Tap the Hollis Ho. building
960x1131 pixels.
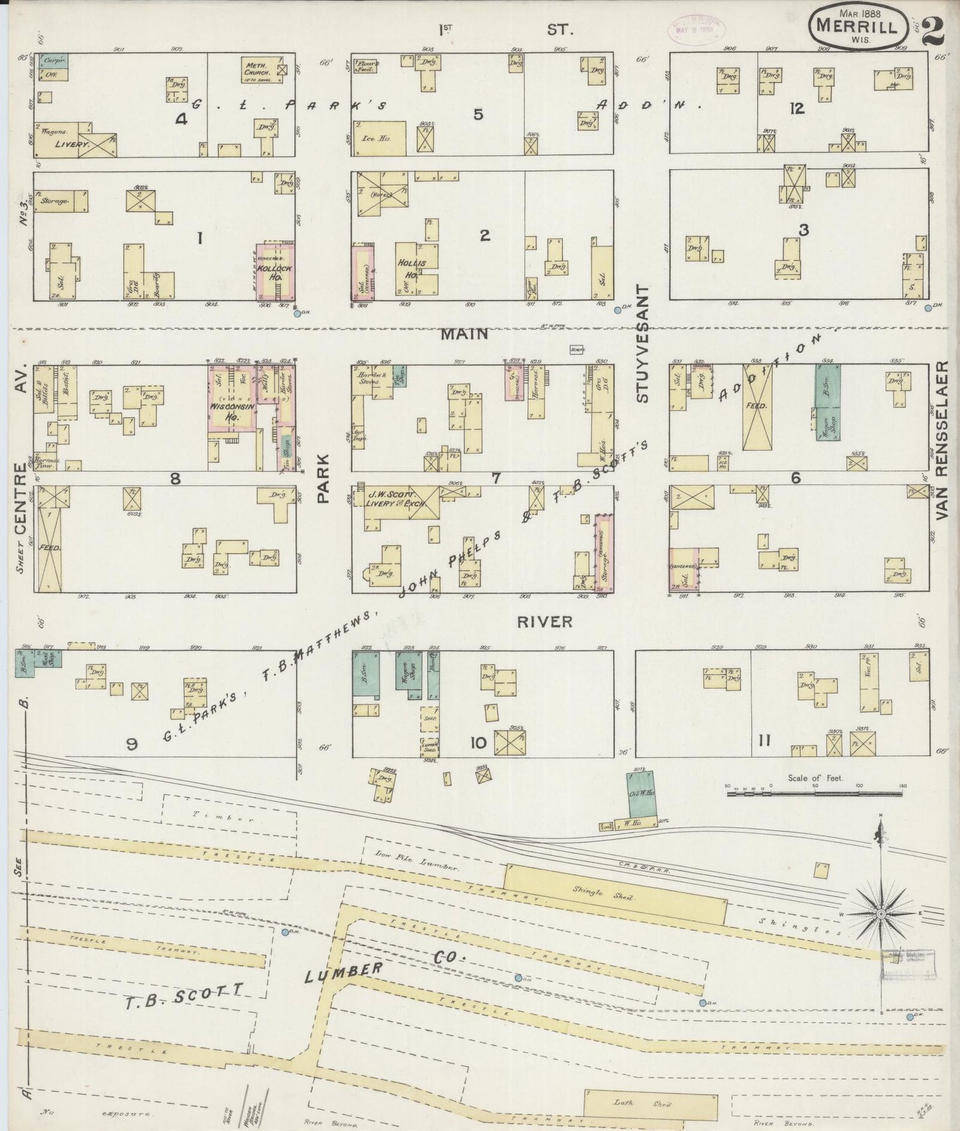[413, 269]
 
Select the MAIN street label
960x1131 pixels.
[473, 334]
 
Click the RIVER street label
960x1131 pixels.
[544, 621]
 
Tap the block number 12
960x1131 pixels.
[798, 108]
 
